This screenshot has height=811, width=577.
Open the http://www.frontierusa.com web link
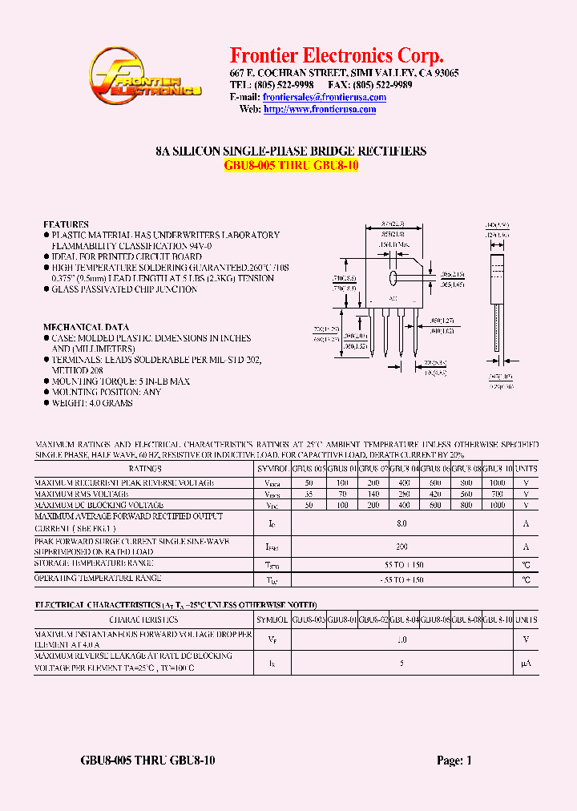[320, 109]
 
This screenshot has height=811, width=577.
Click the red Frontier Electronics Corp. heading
[337, 55]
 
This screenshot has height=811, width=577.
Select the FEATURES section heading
[66, 224]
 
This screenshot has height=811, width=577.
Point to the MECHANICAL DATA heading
[86, 327]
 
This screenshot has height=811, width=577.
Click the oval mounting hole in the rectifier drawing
[394, 277]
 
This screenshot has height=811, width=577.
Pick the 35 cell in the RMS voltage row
[309, 494]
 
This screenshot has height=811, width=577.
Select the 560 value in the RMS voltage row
[466, 494]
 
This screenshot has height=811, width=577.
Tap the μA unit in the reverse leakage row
[527, 664]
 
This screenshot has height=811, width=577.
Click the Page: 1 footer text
[454, 761]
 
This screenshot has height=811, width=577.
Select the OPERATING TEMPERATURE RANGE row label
[99, 578]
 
